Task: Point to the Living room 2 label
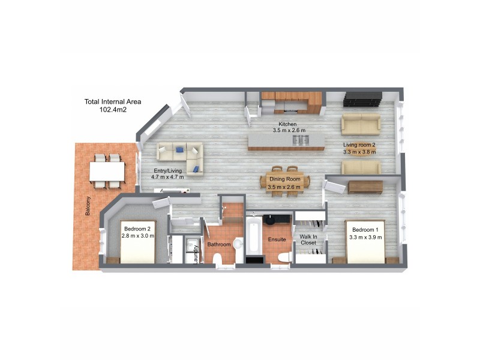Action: click(x=359, y=148)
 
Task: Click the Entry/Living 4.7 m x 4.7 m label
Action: click(x=167, y=173)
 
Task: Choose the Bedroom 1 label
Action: click(x=365, y=233)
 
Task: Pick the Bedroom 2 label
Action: click(x=138, y=232)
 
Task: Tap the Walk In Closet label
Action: click(x=308, y=240)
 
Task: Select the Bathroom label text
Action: click(x=219, y=245)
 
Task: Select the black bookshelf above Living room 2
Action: click(x=362, y=98)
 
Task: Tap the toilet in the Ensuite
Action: click(x=284, y=257)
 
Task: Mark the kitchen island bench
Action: click(x=287, y=142)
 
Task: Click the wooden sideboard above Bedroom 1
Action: click(x=365, y=187)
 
